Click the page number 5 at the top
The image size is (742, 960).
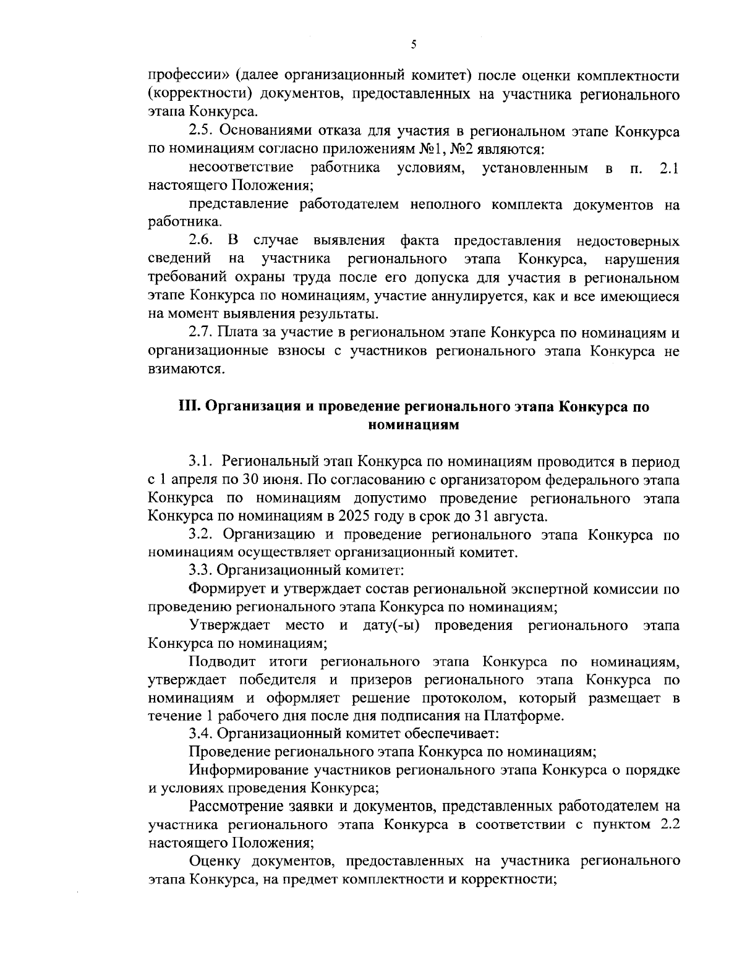click(414, 44)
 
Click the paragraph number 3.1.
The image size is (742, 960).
click(201, 462)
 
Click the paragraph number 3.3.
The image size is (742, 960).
click(201, 571)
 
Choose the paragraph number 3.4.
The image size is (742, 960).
click(201, 734)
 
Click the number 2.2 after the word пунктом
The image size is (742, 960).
click(670, 825)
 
